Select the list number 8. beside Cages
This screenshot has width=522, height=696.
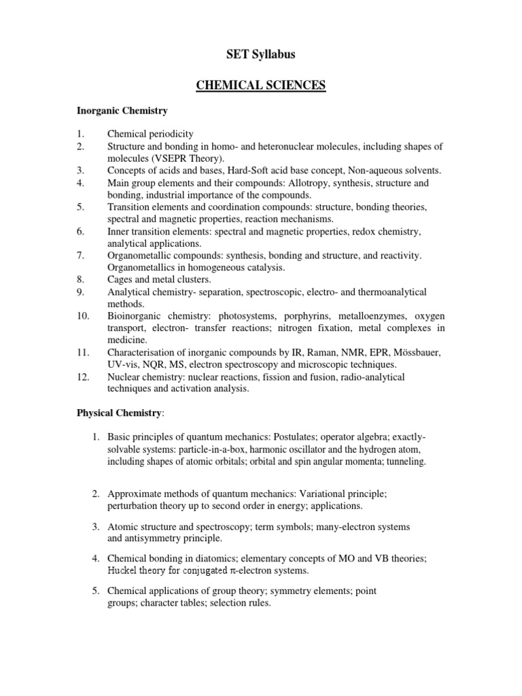point(80,279)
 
